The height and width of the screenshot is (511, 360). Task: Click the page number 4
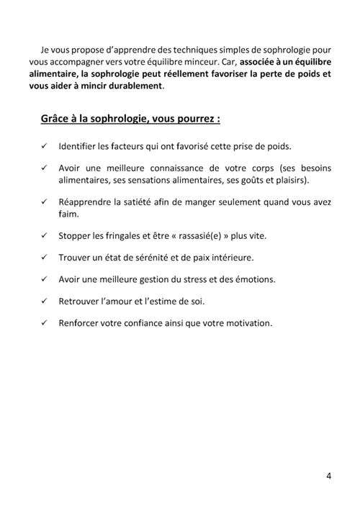coord(328,476)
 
